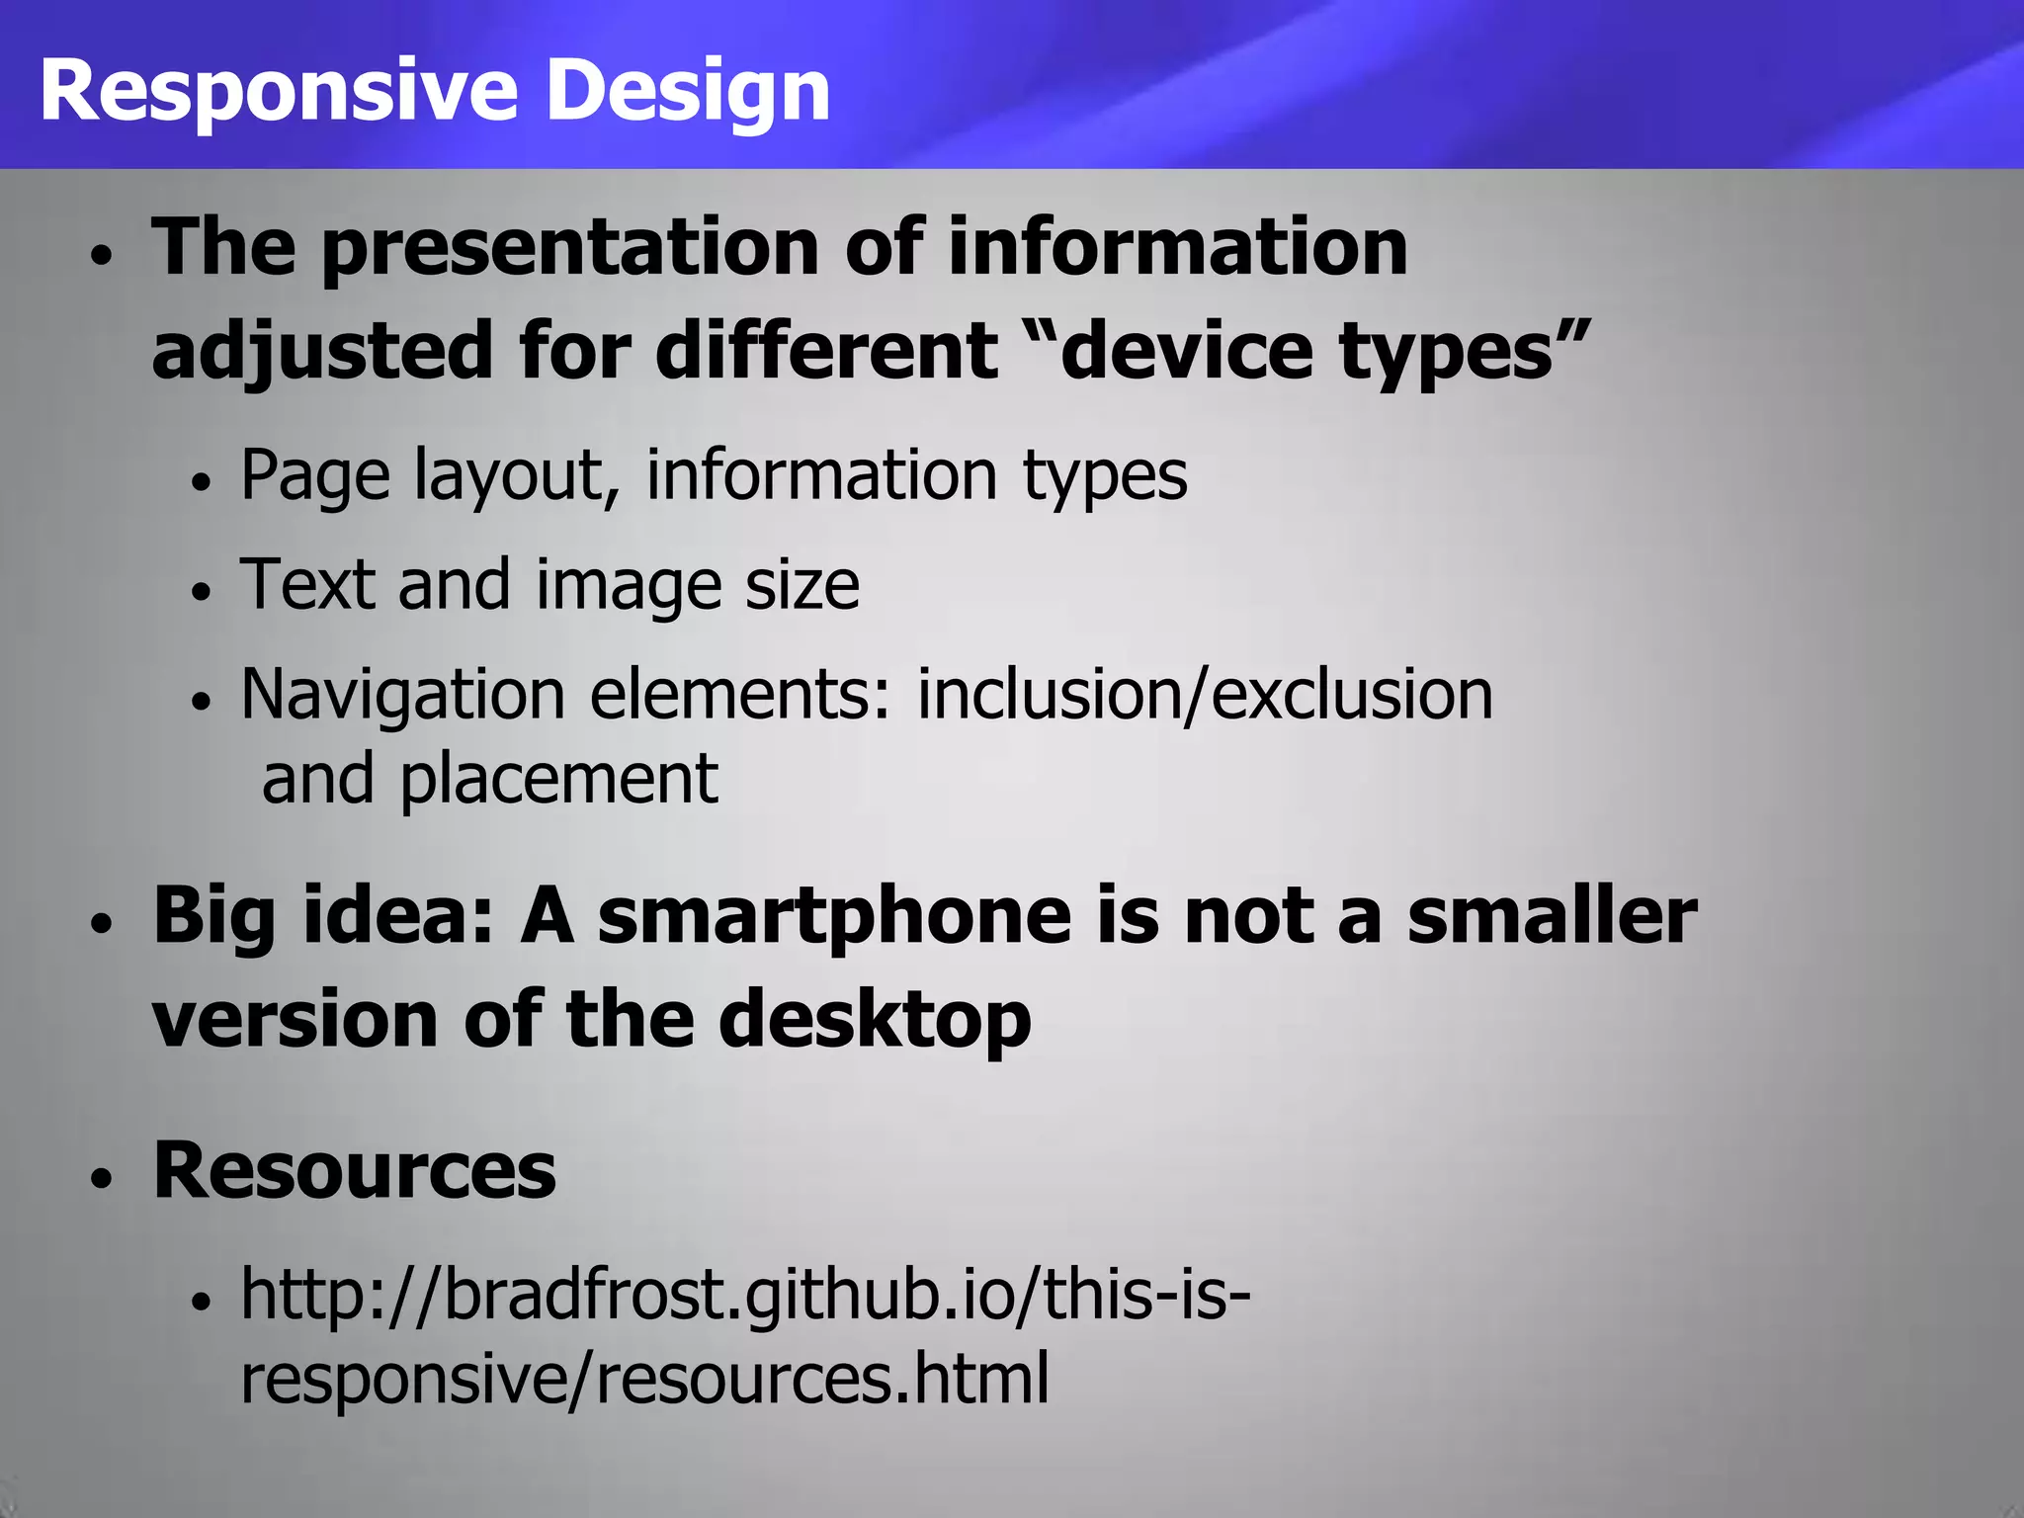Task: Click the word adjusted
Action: click(322, 351)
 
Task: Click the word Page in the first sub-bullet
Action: click(315, 476)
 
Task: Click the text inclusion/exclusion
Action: click(1205, 695)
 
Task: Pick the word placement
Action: click(558, 779)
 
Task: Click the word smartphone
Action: click(834, 916)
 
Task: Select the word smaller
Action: click(1552, 916)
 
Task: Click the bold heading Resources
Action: click(355, 1171)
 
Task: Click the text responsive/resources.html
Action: click(644, 1379)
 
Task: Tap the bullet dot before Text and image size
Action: click(202, 592)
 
